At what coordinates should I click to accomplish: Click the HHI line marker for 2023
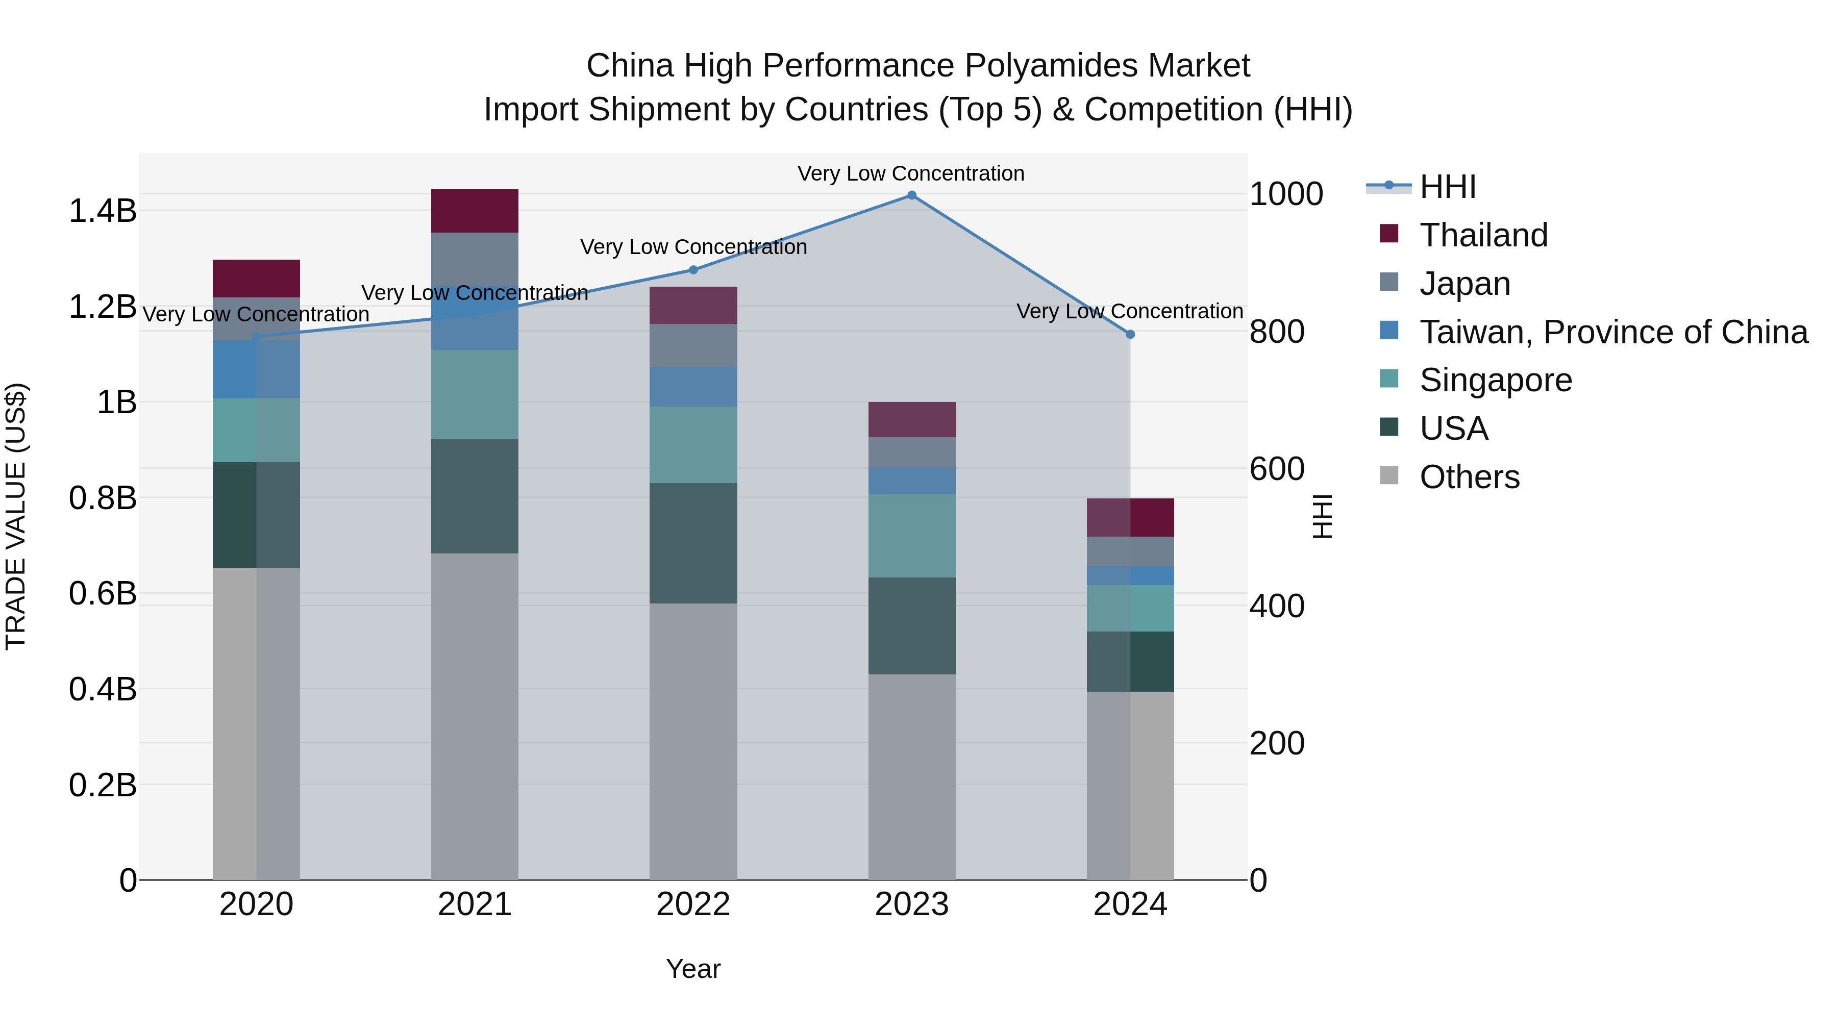tap(911, 195)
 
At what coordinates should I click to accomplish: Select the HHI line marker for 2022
tap(693, 269)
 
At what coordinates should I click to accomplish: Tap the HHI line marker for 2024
tap(1130, 334)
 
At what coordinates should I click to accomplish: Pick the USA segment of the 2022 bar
tap(693, 543)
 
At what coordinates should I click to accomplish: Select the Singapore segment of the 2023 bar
tap(911, 536)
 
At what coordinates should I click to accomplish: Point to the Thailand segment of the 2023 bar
tap(911, 419)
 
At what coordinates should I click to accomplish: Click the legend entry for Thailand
tap(1483, 235)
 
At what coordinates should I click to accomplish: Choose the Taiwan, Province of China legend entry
tap(1613, 332)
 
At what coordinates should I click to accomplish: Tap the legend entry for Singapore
tap(1496, 380)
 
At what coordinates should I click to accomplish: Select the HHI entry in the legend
tap(1448, 187)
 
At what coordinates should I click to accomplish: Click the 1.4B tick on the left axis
tap(103, 211)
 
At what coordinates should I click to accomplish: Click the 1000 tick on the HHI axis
tap(1286, 194)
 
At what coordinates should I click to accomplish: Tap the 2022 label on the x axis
tap(693, 904)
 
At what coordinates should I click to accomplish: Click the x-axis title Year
tap(693, 969)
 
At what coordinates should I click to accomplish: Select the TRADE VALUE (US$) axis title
tap(16, 516)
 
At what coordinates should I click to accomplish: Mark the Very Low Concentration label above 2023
tap(911, 173)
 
